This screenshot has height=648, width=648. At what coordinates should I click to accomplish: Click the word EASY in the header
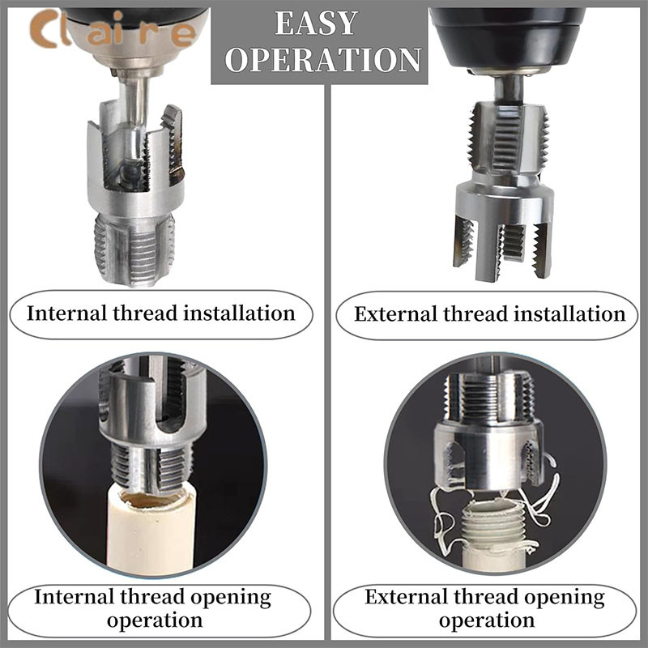(316, 23)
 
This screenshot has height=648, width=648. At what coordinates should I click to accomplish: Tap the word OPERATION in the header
(323, 59)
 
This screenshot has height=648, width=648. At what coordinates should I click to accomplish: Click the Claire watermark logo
(112, 30)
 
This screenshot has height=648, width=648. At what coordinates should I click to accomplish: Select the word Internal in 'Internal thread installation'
(67, 313)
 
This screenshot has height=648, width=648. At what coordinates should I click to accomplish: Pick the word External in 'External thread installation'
(396, 313)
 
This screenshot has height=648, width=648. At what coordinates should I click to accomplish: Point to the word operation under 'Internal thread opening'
(155, 620)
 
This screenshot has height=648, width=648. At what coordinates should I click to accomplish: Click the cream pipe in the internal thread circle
(151, 533)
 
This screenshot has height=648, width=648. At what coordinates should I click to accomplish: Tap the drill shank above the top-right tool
(508, 89)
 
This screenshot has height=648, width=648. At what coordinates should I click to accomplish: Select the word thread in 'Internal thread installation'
(145, 313)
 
